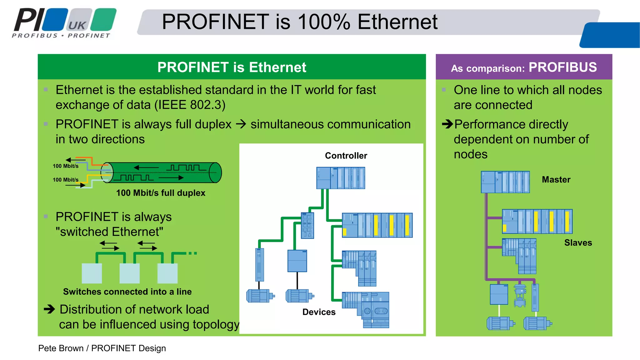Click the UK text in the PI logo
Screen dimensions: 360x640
77,25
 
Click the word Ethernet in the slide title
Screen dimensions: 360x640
397,22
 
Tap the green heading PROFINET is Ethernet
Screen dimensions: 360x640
232,67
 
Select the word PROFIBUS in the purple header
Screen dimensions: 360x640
562,67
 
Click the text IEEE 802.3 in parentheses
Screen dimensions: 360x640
190,105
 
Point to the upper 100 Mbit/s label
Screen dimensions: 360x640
66,166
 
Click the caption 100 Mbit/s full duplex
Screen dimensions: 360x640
161,193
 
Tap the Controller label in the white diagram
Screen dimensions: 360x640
346,156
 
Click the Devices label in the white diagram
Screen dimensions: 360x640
319,312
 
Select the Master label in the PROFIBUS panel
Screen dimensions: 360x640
556,179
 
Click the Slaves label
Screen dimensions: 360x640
578,242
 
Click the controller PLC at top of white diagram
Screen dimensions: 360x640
340,178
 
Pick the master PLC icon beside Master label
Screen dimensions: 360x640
505,182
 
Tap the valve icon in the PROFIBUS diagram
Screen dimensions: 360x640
520,296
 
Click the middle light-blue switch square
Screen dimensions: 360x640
129,273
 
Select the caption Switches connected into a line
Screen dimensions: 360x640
127,292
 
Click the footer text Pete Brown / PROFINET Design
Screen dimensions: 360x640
102,348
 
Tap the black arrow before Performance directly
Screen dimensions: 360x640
447,124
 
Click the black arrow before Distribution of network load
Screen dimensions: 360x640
49,309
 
